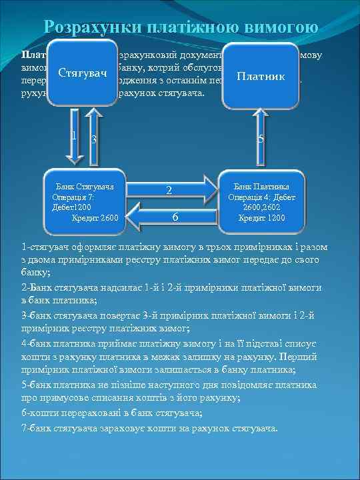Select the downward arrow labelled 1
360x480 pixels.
coord(75,143)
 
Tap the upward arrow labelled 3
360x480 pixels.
coord(95,143)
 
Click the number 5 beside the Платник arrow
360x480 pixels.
coord(261,139)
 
